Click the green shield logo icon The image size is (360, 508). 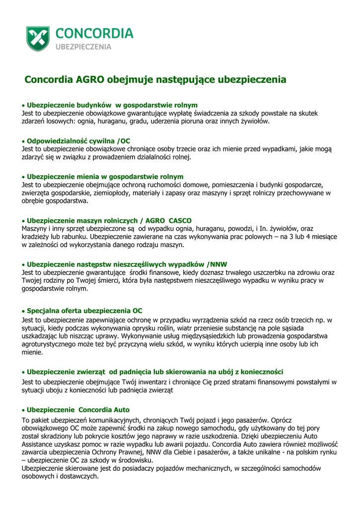pos(38,38)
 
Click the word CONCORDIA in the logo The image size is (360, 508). pos(94,33)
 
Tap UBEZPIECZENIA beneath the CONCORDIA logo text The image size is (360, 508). pos(83,47)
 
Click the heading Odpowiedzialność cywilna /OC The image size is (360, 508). pos(78,141)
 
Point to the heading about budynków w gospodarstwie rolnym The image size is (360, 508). pos(112,105)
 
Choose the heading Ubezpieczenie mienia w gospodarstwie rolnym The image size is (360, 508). pos(105,177)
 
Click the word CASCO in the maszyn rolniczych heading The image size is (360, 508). pos(180,220)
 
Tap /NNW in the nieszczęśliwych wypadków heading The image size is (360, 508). pos(216,264)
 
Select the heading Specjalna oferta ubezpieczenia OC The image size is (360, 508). pos(84,311)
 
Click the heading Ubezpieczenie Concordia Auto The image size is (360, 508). pos(78,410)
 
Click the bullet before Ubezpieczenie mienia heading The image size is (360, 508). pos(23,177)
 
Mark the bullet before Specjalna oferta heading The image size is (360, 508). pos(23,311)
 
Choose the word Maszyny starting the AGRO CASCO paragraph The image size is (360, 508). pos(35,228)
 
